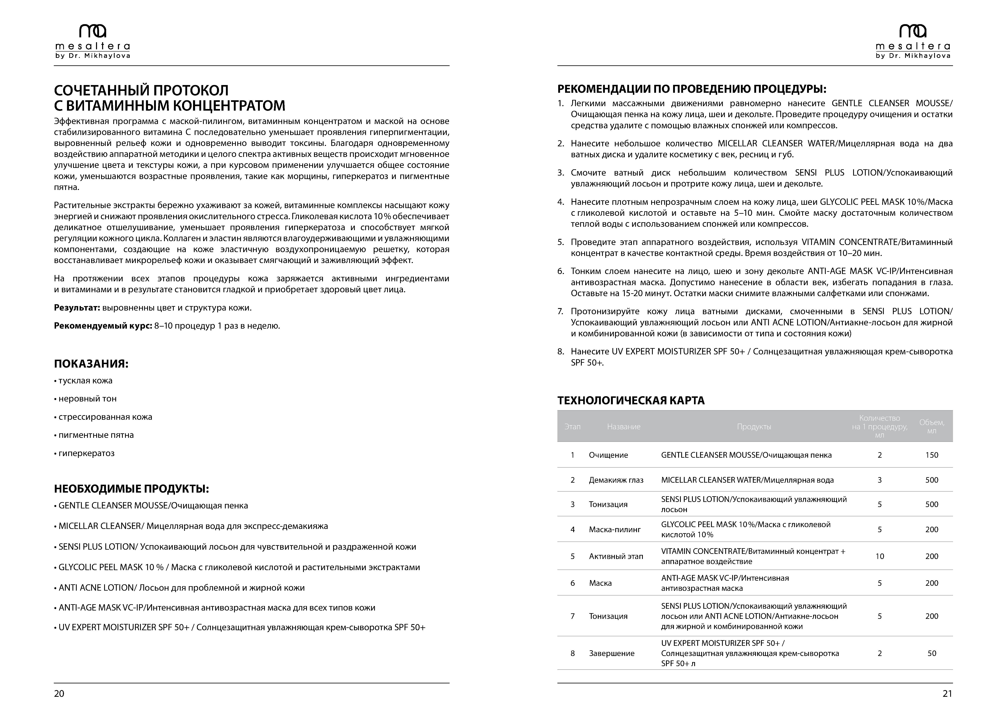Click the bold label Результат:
77,308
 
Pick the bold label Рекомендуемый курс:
103,326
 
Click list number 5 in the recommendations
560,242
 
